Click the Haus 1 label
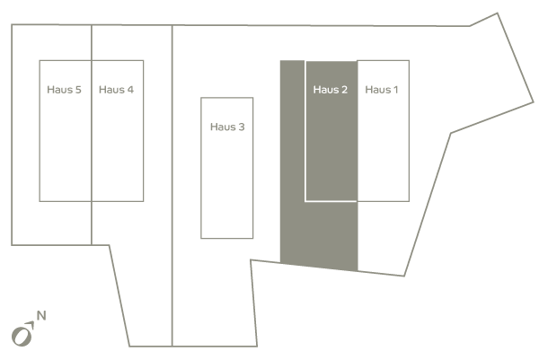382,90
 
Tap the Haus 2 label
331,90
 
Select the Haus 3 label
227,127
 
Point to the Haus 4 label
116,90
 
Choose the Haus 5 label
65,90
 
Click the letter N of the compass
41,315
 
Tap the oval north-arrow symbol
22,337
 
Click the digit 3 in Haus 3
242,127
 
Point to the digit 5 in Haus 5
78,90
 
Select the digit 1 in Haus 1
395,90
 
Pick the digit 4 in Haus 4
130,90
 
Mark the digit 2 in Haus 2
344,90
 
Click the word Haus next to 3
223,127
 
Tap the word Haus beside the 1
377,90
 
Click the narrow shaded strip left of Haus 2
292,162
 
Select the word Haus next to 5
59,90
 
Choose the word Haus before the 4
111,90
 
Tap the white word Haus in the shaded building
325,90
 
